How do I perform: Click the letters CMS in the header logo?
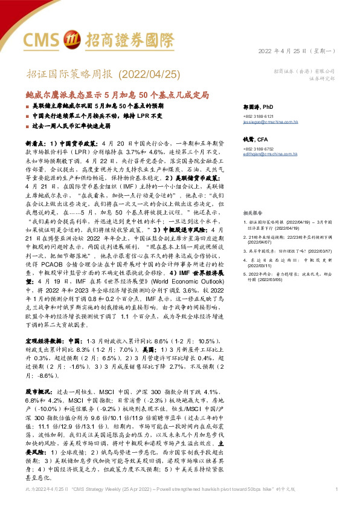43,39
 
